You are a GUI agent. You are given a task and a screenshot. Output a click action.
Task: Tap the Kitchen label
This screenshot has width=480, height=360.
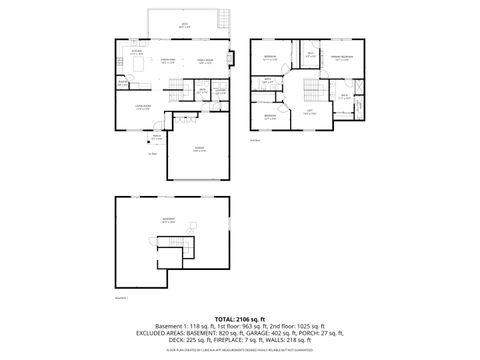click(136, 52)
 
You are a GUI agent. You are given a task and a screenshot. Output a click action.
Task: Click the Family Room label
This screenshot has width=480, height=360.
click(203, 61)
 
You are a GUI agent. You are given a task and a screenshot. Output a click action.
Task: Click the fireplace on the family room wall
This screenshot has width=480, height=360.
click(231, 58)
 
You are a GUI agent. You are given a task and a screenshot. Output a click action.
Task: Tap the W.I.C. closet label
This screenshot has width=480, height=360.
click(311, 56)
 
